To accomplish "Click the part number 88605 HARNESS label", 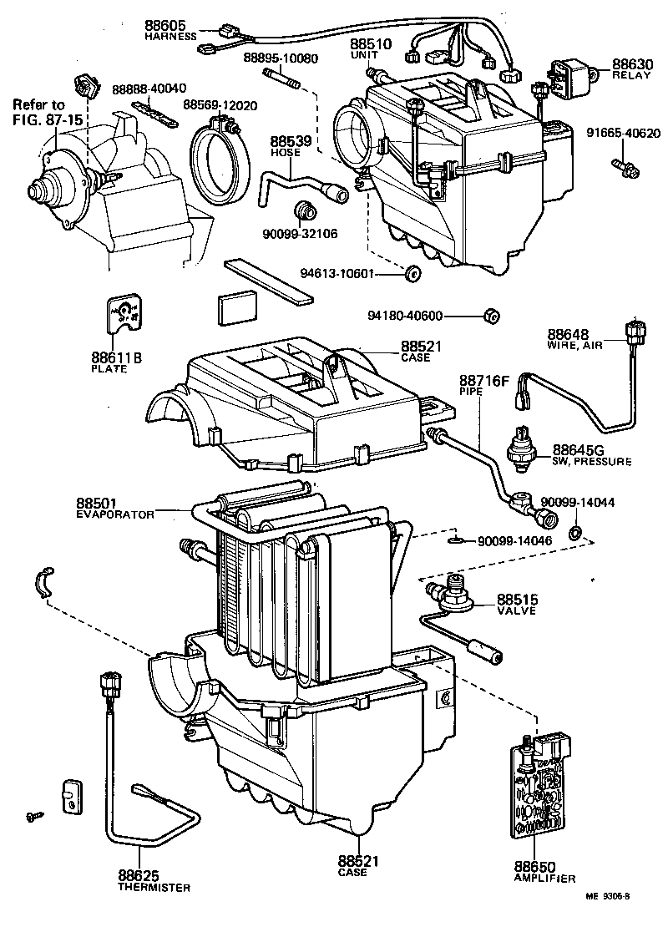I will click(170, 31).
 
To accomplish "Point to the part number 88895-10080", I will click(281, 58).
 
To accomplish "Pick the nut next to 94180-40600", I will click(493, 316).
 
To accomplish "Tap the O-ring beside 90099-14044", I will click(575, 532).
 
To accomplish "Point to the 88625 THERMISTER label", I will click(154, 880).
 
